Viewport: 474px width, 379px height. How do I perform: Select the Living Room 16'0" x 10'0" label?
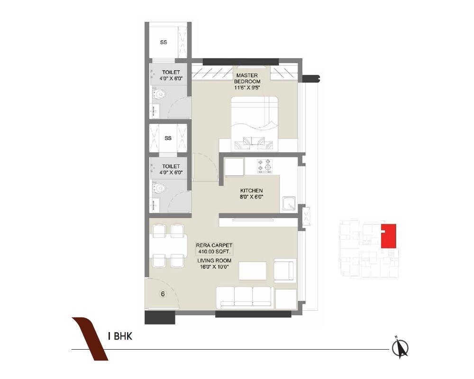(214, 263)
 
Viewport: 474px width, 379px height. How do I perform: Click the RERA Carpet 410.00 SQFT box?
(214, 248)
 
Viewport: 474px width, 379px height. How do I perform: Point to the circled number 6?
(163, 294)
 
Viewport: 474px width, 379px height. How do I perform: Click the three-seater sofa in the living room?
(244, 297)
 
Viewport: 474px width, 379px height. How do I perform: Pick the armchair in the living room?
(285, 271)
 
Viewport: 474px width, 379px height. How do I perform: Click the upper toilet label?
(171, 75)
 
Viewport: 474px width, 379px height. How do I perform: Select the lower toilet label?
(171, 169)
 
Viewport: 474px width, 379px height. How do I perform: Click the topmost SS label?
(163, 42)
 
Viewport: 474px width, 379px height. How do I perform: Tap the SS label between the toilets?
(167, 138)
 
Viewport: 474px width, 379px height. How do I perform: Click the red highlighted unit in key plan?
(390, 236)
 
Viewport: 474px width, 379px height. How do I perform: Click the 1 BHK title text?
(119, 337)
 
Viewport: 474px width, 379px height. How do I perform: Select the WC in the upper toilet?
(159, 95)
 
